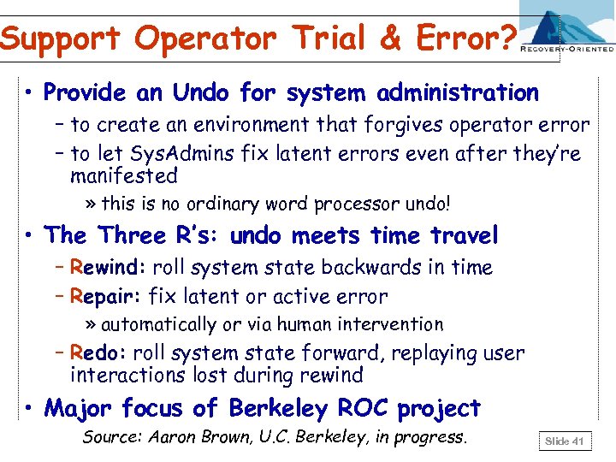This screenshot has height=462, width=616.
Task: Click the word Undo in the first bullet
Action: (x=202, y=92)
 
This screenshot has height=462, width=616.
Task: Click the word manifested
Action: (x=123, y=176)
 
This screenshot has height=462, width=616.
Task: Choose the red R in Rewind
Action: (x=77, y=268)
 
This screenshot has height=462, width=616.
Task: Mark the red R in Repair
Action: (x=77, y=297)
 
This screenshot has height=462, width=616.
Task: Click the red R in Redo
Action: (x=77, y=352)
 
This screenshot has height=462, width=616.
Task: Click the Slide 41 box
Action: (x=565, y=441)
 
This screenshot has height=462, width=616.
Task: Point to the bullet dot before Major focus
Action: (x=29, y=409)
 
